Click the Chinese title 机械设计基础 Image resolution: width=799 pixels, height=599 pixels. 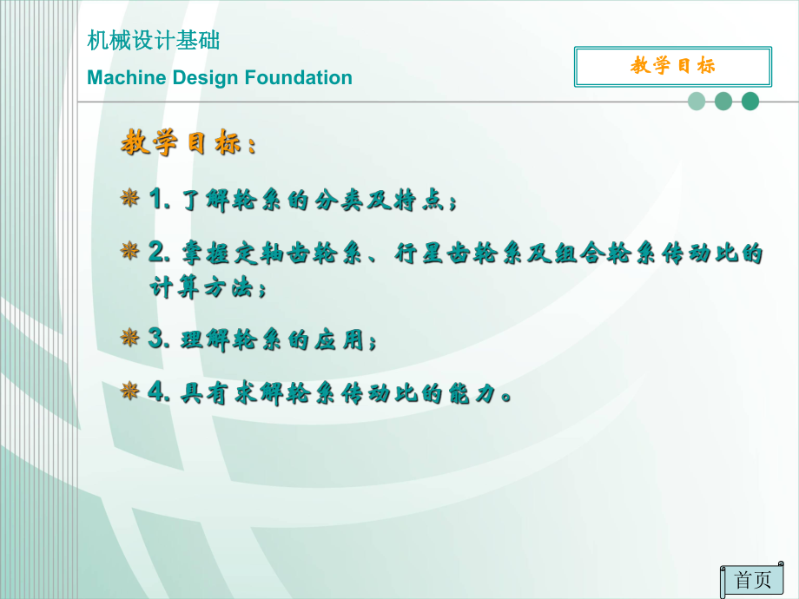(x=154, y=41)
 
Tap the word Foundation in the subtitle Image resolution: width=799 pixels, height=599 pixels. (x=298, y=78)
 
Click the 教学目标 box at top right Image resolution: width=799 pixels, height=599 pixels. (x=673, y=67)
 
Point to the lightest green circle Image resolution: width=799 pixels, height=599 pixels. (x=697, y=102)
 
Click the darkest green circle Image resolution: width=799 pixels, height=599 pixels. (x=750, y=102)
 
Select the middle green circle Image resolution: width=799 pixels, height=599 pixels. (x=723, y=102)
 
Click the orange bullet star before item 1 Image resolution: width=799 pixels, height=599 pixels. (x=129, y=200)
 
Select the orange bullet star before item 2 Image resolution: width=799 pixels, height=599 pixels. (x=129, y=252)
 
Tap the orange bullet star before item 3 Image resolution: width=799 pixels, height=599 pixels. (x=129, y=338)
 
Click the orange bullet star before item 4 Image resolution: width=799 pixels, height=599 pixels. (x=129, y=392)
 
